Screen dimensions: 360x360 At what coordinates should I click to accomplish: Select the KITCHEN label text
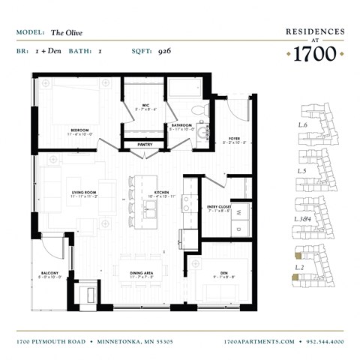coord(160,193)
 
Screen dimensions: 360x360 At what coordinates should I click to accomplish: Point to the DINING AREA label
coord(141,273)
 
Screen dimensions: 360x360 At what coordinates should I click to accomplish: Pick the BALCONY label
coord(49,273)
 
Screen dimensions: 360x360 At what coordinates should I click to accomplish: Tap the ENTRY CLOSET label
coord(220,208)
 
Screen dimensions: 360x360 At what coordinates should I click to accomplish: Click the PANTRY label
coord(145,144)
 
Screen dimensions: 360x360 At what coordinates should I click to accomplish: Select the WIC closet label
coord(147,106)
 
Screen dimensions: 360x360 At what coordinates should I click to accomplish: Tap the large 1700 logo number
coord(314,53)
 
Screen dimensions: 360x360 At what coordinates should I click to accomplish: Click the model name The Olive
coord(67,33)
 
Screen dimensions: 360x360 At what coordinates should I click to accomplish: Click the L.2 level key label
coord(299,266)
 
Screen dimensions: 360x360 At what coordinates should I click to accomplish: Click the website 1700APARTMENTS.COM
coord(259,341)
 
